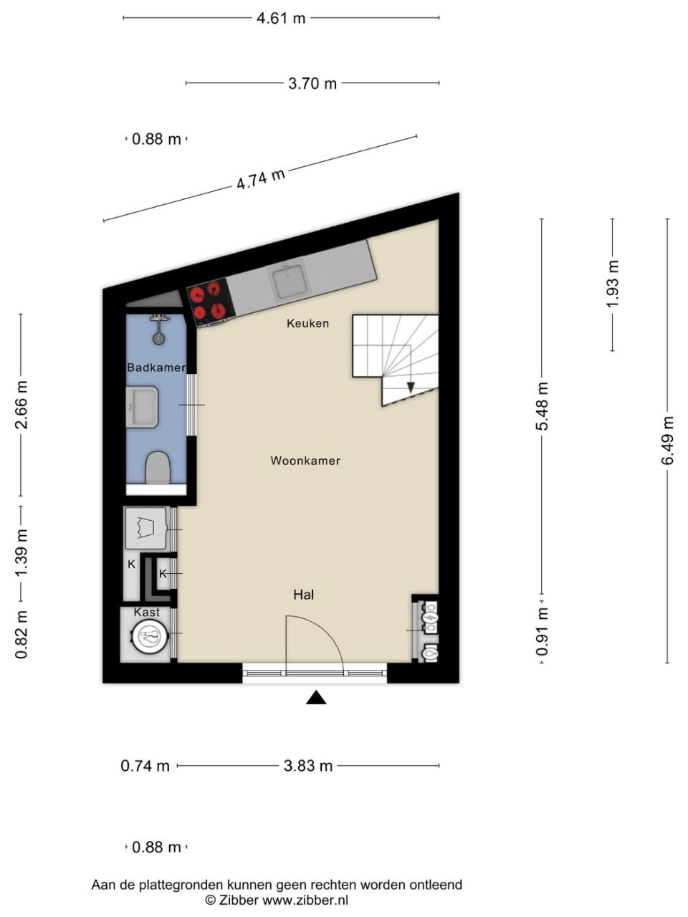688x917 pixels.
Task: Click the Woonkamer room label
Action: tap(305, 461)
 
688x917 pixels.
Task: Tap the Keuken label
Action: tap(308, 323)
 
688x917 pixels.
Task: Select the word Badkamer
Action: tap(156, 368)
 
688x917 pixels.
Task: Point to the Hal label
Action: tap(304, 595)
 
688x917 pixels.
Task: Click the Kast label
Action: tap(147, 613)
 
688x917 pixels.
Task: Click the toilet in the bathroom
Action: tap(158, 468)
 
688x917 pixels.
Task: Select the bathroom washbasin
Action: tap(143, 407)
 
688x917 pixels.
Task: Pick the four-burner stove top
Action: tap(209, 302)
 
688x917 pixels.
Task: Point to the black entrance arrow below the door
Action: tap(316, 698)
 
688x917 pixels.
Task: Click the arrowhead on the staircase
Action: tap(411, 388)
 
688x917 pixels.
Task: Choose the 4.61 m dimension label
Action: tap(281, 18)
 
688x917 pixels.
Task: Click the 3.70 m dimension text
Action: tap(312, 84)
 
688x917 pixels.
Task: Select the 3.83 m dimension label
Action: tap(308, 766)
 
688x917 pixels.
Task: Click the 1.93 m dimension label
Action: tap(613, 284)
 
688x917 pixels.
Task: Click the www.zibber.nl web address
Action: tap(305, 898)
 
